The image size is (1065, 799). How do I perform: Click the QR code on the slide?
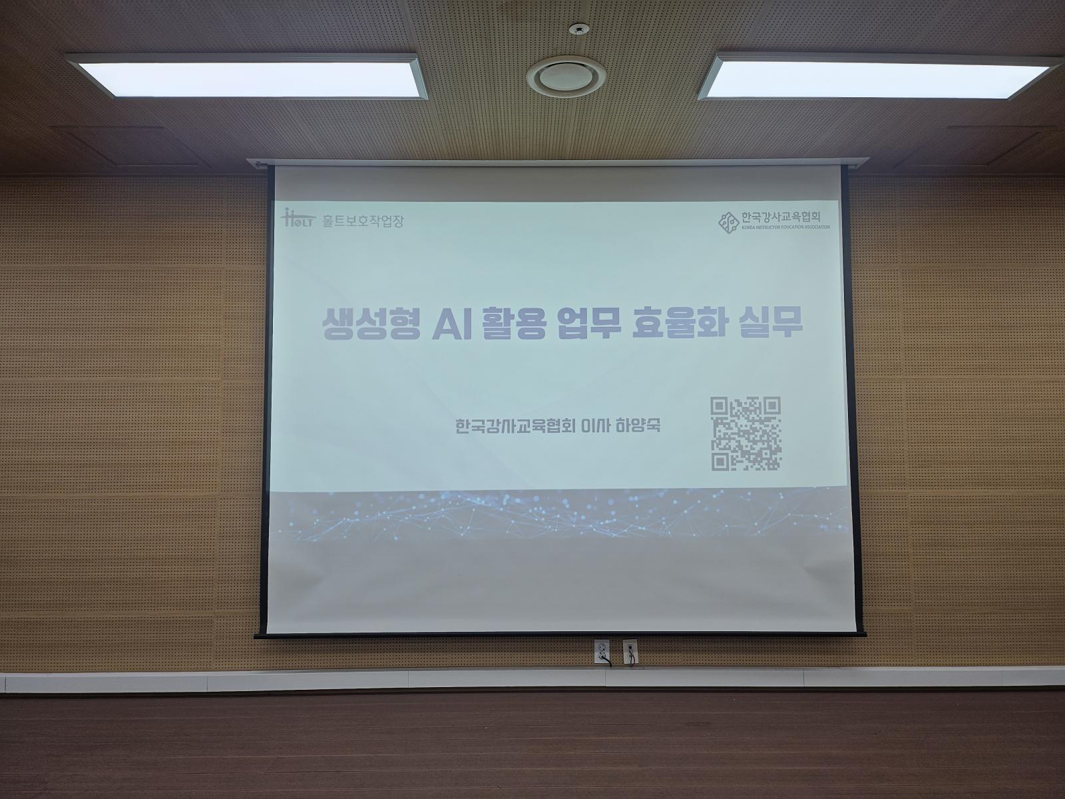click(745, 433)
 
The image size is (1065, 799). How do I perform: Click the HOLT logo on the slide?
click(298, 218)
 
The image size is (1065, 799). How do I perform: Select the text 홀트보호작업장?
click(363, 221)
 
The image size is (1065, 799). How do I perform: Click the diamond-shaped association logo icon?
click(728, 222)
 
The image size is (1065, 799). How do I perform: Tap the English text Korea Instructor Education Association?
click(785, 227)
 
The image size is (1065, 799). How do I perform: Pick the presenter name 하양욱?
click(638, 426)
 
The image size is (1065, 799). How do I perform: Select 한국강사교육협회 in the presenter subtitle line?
click(515, 426)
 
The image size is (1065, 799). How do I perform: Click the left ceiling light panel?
click(247, 77)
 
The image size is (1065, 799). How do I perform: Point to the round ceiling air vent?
click(566, 76)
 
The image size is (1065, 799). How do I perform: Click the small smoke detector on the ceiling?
click(579, 29)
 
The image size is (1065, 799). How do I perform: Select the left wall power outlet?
click(602, 652)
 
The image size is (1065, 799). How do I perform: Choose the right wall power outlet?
click(630, 652)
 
